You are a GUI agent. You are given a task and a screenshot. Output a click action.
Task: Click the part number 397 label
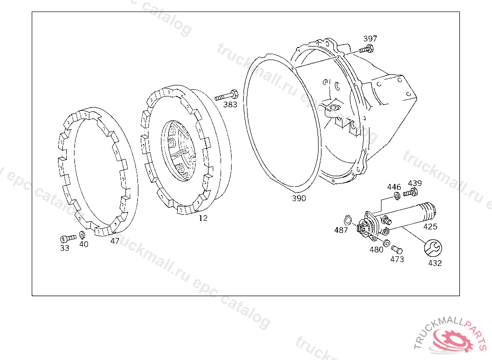[x=370, y=38]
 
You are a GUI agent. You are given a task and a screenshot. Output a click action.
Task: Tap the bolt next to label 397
[x=366, y=49]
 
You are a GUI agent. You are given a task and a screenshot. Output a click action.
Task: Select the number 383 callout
[x=230, y=105]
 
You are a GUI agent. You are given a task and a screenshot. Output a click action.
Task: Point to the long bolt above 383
[x=226, y=96]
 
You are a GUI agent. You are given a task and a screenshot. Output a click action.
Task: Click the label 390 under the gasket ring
[x=299, y=198]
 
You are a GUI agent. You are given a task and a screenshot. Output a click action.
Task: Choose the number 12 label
[x=203, y=218]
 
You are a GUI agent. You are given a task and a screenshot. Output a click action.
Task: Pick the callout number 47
[x=115, y=241]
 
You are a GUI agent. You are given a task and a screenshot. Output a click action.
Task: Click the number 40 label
[x=84, y=244]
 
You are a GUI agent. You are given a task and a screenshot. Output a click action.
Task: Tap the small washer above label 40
[x=82, y=235]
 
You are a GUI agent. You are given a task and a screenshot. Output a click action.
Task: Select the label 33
[x=64, y=248]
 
